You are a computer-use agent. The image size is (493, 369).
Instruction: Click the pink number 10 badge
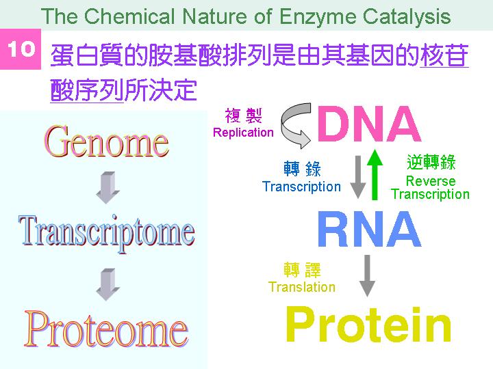click(x=21, y=49)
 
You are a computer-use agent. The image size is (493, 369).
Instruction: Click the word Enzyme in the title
click(x=318, y=17)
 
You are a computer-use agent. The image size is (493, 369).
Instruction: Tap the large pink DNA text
click(x=370, y=124)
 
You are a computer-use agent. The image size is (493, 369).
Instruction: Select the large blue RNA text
click(x=370, y=229)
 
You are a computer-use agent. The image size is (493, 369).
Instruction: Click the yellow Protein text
click(x=368, y=324)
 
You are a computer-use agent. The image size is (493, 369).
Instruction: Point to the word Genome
click(x=106, y=141)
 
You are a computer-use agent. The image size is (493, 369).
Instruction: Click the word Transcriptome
click(x=106, y=233)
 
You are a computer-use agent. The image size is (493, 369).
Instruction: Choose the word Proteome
click(x=106, y=329)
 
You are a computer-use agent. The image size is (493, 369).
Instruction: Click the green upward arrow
click(x=375, y=174)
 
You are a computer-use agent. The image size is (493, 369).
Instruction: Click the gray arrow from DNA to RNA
click(x=358, y=177)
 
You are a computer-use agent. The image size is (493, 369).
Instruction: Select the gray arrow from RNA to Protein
click(x=367, y=275)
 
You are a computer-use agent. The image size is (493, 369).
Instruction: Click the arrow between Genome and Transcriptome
click(x=108, y=187)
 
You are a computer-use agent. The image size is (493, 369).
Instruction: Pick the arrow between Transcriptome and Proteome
click(x=108, y=284)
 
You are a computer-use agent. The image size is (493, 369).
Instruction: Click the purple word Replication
click(x=243, y=133)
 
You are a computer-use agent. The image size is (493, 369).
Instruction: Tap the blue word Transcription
click(x=301, y=187)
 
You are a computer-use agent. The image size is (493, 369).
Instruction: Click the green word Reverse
click(x=431, y=181)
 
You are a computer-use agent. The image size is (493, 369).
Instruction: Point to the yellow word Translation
click(x=302, y=287)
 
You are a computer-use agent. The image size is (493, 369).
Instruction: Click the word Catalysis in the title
click(x=407, y=17)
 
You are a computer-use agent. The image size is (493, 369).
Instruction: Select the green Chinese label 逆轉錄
click(x=431, y=162)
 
